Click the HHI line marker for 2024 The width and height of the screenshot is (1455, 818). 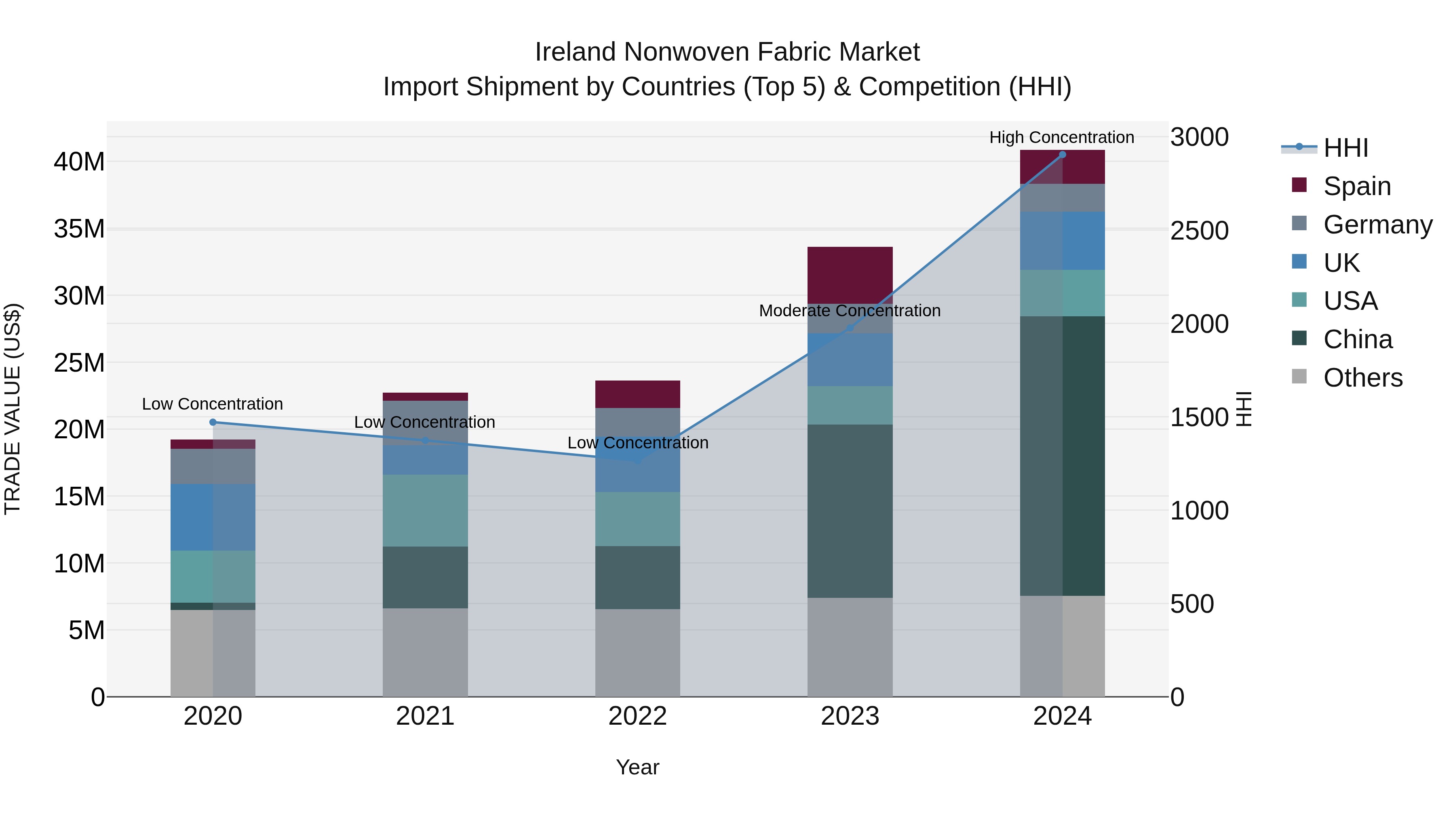1062,155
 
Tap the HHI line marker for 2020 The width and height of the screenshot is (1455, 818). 213,422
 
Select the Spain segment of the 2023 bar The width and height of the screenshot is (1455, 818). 850,275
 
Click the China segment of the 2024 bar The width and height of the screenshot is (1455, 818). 1062,456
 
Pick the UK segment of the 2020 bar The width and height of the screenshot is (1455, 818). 213,517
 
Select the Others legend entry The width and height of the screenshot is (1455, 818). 1362,378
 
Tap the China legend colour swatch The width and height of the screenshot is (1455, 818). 1299,339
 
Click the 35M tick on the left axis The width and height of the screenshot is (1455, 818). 79,229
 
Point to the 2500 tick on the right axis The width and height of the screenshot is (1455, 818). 1199,231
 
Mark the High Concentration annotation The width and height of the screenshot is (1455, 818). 1061,137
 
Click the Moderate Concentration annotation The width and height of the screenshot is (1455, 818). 850,311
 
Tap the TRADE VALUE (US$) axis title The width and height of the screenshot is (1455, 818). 13,409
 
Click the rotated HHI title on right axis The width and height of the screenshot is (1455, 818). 1244,409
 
